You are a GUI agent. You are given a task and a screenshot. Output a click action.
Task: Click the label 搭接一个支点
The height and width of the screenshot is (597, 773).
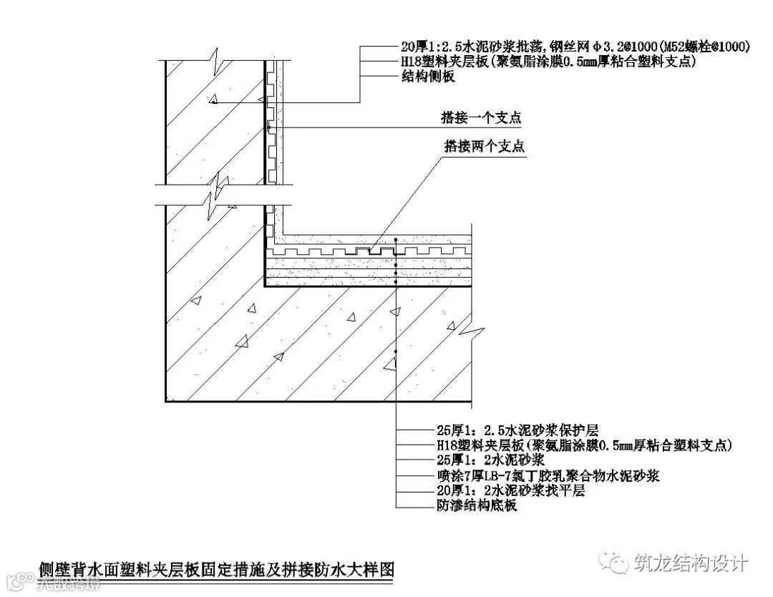tap(480, 115)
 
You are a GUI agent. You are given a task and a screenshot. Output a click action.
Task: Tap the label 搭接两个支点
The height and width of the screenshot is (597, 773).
tap(485, 147)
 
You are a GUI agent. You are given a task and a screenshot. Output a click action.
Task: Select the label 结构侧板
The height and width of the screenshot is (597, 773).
tap(427, 77)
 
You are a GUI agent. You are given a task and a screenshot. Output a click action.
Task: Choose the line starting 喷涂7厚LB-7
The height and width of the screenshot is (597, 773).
tap(548, 475)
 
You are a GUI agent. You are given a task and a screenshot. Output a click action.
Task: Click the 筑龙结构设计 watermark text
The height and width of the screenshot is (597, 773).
tap(691, 563)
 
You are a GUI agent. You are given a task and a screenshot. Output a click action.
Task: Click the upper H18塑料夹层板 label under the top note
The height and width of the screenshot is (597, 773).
tap(548, 62)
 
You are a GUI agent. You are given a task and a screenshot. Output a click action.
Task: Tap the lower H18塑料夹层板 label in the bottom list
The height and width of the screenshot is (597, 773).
tap(584, 445)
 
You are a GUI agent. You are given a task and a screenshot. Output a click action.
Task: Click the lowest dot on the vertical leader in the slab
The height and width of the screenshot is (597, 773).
tap(395, 352)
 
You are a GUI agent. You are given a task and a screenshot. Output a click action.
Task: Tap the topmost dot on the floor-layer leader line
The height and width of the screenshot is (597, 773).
tap(395, 239)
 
